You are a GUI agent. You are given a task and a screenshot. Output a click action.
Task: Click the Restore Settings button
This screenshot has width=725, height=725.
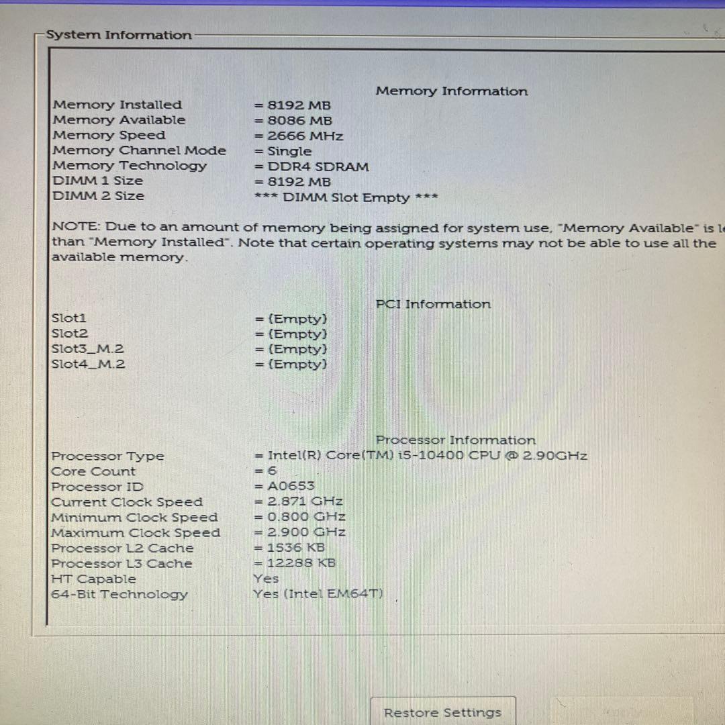click(x=442, y=712)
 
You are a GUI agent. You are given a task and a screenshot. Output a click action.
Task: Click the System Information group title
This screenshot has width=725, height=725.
click(x=119, y=35)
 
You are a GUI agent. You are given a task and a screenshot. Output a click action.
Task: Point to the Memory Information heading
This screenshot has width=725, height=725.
click(x=452, y=91)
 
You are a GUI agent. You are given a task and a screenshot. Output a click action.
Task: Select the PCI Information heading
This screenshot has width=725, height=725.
click(x=433, y=304)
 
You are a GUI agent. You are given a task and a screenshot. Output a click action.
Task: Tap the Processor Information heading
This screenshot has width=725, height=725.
click(x=456, y=440)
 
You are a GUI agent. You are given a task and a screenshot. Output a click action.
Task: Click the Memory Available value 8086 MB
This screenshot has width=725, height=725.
click(x=293, y=121)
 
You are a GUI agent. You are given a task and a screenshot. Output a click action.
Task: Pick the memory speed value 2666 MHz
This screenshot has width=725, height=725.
click(x=299, y=136)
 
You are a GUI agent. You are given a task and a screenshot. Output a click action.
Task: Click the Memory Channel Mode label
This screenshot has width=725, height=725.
click(x=139, y=150)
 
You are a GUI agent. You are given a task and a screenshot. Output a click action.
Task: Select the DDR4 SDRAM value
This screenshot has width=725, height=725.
click(x=311, y=166)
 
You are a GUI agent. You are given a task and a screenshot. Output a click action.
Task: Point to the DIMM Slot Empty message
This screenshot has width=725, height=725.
click(x=346, y=197)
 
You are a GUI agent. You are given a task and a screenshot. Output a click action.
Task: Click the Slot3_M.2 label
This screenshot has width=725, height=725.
click(x=88, y=348)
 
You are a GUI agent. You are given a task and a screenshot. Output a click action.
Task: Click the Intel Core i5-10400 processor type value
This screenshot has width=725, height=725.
click(x=421, y=456)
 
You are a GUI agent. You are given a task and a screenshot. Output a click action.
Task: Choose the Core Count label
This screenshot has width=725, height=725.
click(x=93, y=471)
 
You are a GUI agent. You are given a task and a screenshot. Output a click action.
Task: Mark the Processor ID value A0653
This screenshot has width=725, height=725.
click(x=285, y=486)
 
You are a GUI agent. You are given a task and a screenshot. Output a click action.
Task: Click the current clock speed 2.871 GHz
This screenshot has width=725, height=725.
click(x=299, y=501)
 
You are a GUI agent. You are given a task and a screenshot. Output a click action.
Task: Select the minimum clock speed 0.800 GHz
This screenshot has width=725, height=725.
click(x=300, y=517)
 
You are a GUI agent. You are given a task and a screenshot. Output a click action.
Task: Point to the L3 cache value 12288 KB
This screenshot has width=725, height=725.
click(x=295, y=563)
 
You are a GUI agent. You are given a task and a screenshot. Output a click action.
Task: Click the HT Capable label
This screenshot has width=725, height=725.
click(x=93, y=579)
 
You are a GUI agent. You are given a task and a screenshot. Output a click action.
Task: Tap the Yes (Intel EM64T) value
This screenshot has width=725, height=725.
click(x=318, y=593)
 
